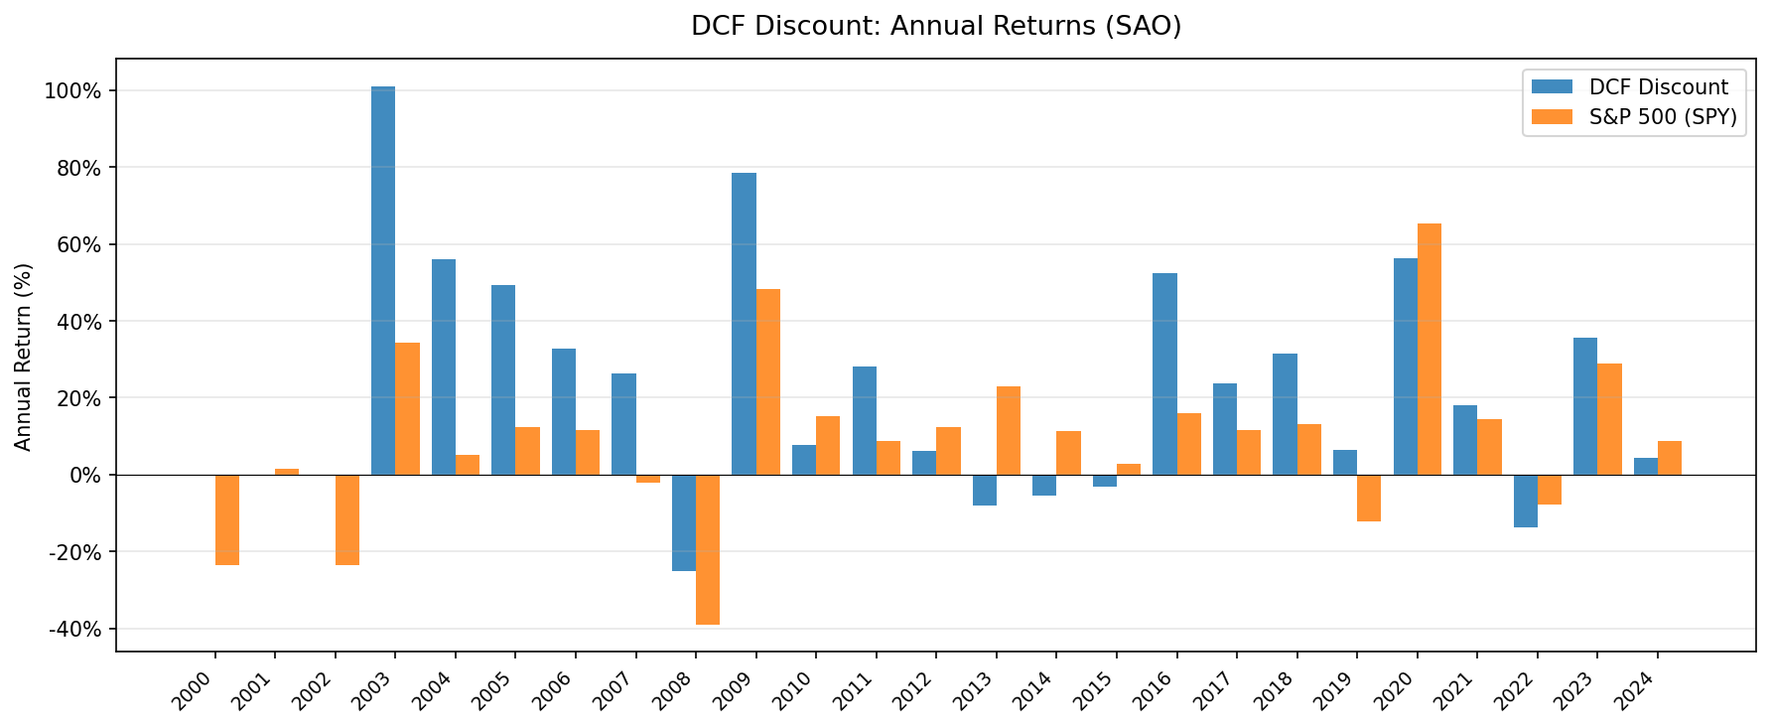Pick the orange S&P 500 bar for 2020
(1430, 350)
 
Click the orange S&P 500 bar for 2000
(227, 519)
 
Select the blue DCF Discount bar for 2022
(1526, 501)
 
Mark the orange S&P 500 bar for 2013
(1009, 430)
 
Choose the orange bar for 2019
(1369, 498)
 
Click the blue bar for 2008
(684, 522)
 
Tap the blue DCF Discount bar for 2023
(1585, 406)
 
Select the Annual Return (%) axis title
(24, 356)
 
